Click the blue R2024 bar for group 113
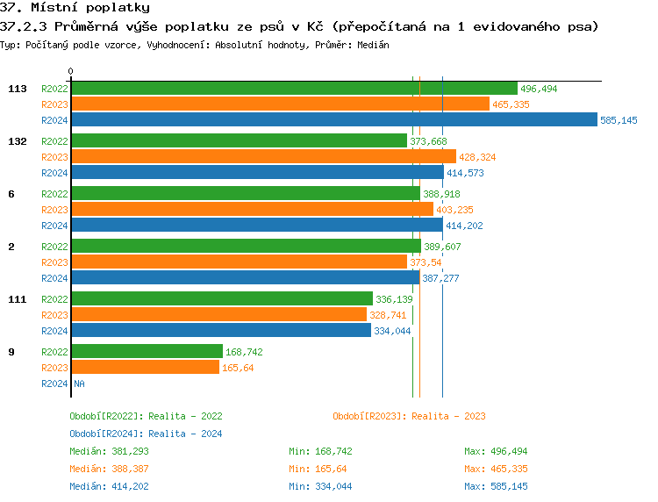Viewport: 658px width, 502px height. click(x=333, y=120)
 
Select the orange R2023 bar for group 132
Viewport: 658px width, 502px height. click(x=263, y=157)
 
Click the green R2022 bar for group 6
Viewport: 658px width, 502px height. click(x=246, y=194)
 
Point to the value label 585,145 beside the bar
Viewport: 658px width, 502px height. click(x=619, y=120)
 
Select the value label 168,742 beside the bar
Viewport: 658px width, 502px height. click(x=245, y=352)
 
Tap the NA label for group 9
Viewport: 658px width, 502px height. click(x=79, y=384)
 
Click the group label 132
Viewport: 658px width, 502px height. click(x=17, y=141)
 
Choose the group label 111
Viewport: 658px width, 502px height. click(x=17, y=299)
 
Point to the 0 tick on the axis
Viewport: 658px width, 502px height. click(x=71, y=71)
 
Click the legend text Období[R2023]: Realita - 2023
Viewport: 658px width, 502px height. click(x=409, y=416)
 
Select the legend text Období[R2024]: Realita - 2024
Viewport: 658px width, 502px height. click(x=146, y=434)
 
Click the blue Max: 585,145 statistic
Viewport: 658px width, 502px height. click(x=497, y=486)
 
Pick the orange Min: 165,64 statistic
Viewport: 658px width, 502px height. click(x=318, y=469)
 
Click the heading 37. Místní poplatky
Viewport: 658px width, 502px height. click(x=75, y=8)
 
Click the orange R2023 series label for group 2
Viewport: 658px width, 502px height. click(x=54, y=262)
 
